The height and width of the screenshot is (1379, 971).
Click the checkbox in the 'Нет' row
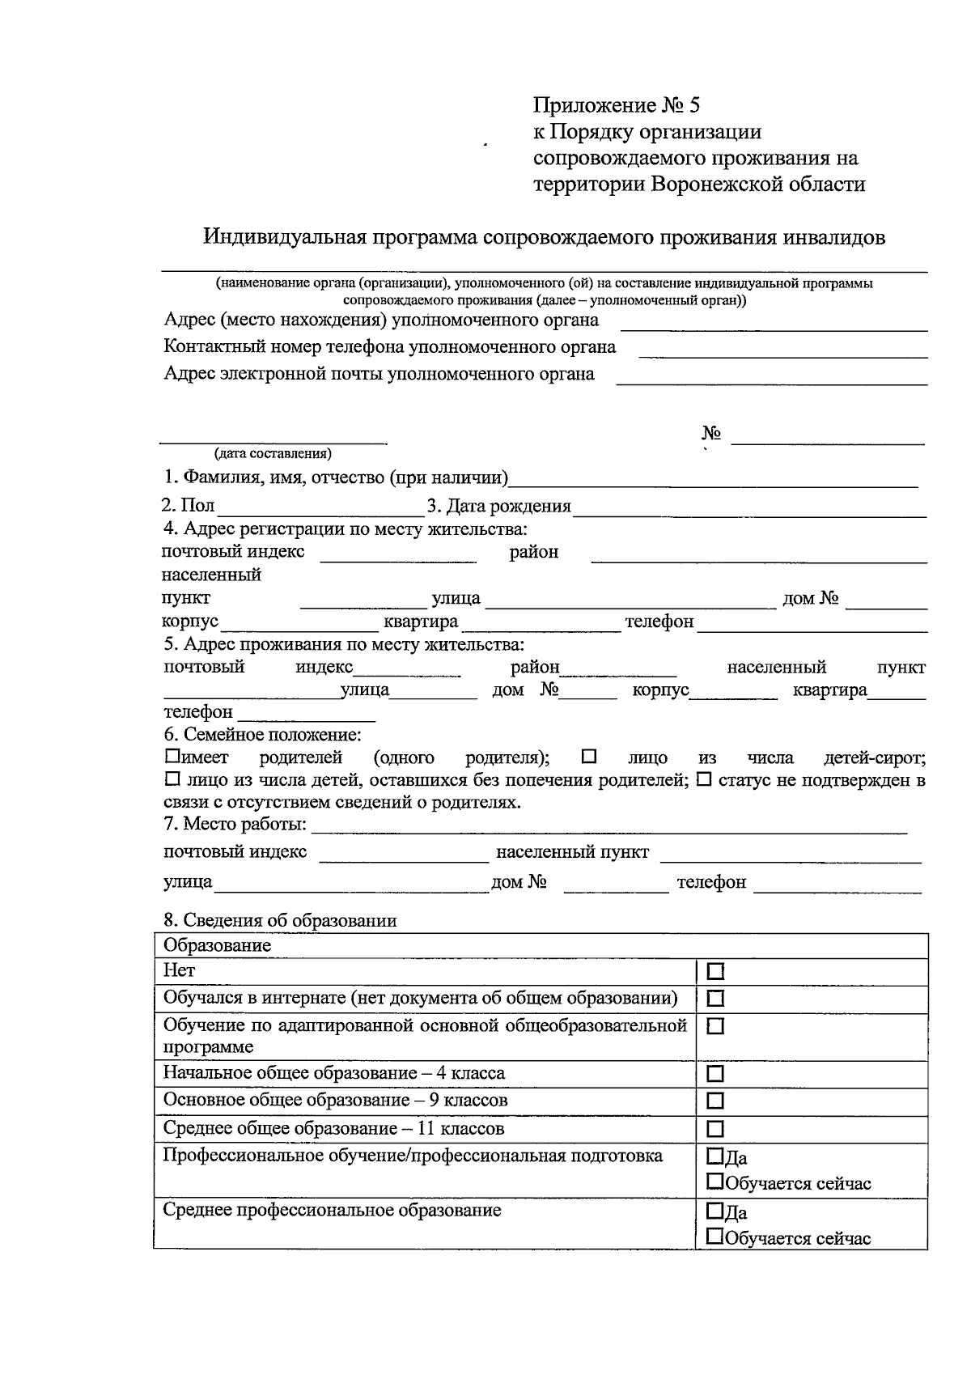[x=715, y=971]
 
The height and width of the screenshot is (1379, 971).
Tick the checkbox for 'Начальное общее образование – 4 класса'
[x=715, y=1074]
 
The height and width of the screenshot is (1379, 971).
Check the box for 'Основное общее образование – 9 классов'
[x=715, y=1101]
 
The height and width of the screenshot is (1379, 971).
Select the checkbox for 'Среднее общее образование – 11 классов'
[x=715, y=1129]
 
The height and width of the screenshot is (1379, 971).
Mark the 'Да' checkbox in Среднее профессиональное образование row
[x=714, y=1211]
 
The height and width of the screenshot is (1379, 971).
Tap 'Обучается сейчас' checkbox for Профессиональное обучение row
[x=714, y=1182]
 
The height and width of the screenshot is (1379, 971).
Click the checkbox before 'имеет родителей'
[x=172, y=757]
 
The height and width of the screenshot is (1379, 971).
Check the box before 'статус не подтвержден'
[x=704, y=780]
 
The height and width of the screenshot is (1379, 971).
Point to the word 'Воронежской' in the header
[x=723, y=185]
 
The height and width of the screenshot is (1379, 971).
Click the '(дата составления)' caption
[x=272, y=453]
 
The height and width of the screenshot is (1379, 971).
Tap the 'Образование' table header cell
[x=217, y=945]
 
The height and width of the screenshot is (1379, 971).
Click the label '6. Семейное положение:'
[x=262, y=735]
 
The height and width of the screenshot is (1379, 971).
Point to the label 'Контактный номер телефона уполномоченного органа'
[x=389, y=347]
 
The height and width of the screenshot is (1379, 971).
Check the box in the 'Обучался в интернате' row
[x=715, y=999]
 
